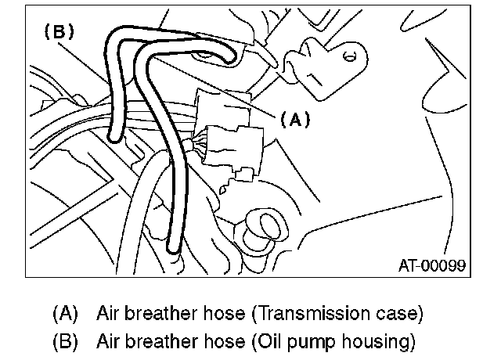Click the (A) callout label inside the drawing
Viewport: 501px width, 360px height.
[x=294, y=120]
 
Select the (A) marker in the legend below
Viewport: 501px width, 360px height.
[x=67, y=314]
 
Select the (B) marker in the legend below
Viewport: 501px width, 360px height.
[x=67, y=342]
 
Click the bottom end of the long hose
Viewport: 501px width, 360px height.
[x=171, y=250]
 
